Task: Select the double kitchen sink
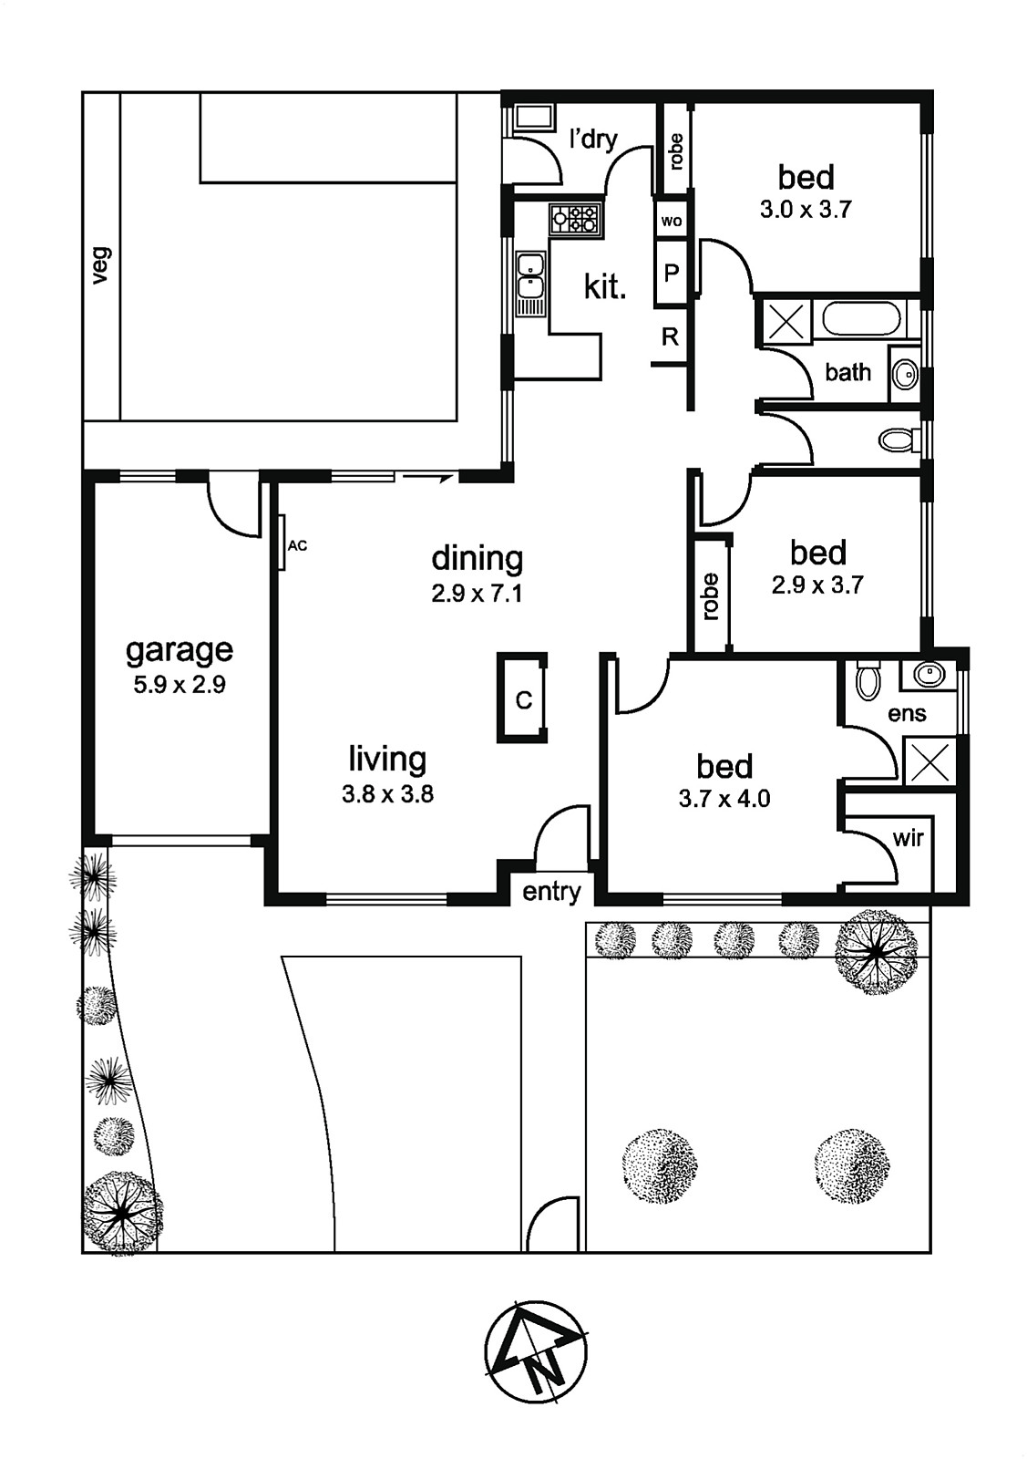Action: tap(530, 284)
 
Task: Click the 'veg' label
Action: tap(101, 265)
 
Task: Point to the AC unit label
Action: tap(297, 546)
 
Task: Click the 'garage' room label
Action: tap(179, 651)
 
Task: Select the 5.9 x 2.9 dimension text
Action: tap(179, 685)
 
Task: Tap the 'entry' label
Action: tap(551, 892)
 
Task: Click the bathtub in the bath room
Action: tap(862, 320)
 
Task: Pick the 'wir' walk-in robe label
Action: tap(908, 838)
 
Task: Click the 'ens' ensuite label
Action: tap(907, 714)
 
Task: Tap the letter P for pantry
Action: tap(671, 273)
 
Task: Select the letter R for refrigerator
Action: tap(670, 336)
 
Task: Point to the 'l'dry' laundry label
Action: tap(593, 138)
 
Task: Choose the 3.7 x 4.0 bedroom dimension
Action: tap(724, 799)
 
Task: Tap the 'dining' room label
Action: tap(478, 558)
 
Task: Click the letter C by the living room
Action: tap(523, 700)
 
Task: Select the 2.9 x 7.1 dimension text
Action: tap(478, 594)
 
